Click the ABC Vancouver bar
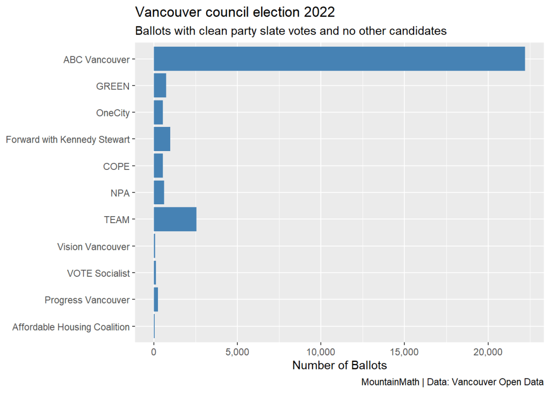[339, 59]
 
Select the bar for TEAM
[175, 219]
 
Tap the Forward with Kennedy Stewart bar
[162, 139]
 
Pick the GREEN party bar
[160, 85]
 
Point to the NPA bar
[159, 192]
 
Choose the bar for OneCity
[158, 112]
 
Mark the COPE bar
[158, 166]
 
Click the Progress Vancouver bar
[156, 299]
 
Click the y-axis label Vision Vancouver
[93, 247]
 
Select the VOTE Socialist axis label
[98, 273]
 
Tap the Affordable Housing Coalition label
[71, 327]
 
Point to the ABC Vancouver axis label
[96, 60]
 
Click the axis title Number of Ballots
[339, 366]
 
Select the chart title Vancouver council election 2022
[235, 12]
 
